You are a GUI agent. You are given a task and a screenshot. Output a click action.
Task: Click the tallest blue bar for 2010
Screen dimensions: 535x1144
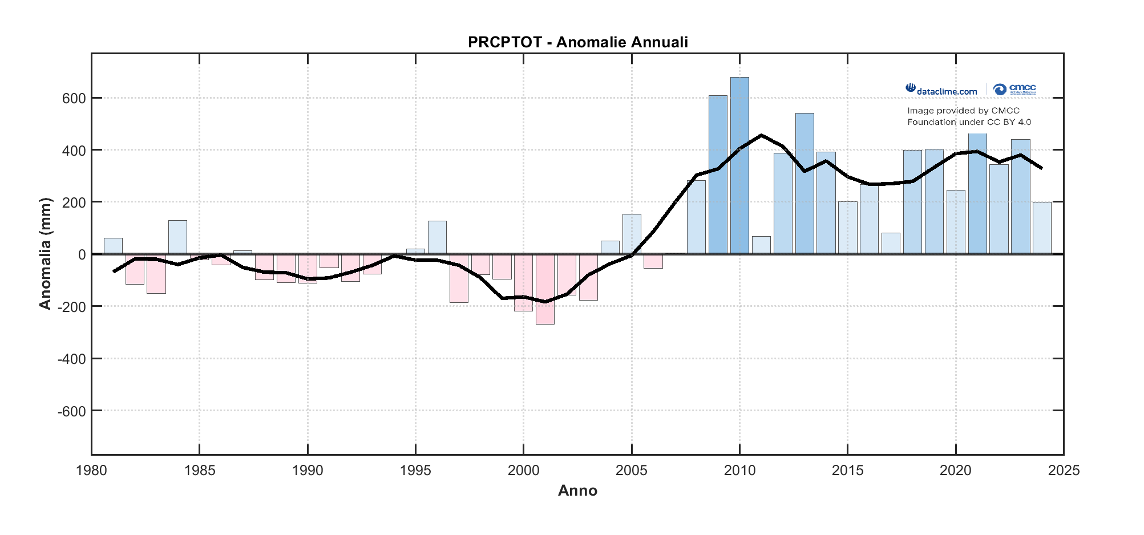click(739, 165)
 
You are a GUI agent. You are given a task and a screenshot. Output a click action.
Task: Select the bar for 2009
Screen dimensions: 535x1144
click(718, 175)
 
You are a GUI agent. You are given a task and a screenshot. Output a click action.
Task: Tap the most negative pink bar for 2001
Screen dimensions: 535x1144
click(545, 289)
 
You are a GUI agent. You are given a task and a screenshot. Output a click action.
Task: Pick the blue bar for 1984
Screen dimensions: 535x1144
click(177, 237)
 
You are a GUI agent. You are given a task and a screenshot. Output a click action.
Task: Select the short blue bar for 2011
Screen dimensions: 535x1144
click(761, 245)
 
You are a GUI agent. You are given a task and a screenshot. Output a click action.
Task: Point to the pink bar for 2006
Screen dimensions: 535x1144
click(653, 261)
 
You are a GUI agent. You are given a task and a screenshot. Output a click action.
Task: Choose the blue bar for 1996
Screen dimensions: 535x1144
click(437, 237)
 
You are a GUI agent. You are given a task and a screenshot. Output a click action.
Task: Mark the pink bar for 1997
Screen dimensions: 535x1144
click(459, 278)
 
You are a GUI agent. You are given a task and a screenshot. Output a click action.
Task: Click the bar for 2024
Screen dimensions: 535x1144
click(1042, 228)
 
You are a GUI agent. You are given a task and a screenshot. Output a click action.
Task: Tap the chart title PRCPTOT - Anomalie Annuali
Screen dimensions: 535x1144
click(577, 42)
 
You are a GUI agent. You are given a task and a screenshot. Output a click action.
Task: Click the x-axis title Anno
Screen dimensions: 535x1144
click(577, 491)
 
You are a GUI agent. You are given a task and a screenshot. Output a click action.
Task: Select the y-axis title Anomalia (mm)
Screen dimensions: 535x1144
click(45, 254)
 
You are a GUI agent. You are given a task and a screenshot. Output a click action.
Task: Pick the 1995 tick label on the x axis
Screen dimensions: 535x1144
click(415, 471)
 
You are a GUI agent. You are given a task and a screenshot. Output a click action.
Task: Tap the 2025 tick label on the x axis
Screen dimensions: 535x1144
click(1064, 471)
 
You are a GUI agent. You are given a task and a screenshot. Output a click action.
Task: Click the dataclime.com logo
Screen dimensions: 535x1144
click(941, 90)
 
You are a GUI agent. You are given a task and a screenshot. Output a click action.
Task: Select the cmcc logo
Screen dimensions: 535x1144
click(1014, 90)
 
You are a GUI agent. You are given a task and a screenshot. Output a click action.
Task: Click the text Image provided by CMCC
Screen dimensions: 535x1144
click(963, 111)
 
